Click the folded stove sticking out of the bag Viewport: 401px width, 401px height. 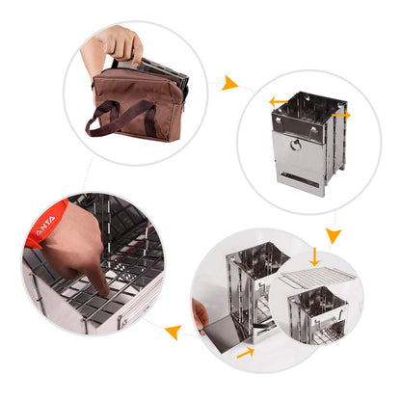coord(154,70)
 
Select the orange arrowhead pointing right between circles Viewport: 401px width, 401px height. coord(229,84)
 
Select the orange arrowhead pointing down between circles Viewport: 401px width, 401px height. coord(332,234)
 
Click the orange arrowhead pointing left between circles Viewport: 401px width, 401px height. coord(173,334)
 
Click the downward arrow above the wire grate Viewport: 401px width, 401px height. coord(314,256)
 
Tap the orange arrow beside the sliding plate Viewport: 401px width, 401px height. coord(246,353)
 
